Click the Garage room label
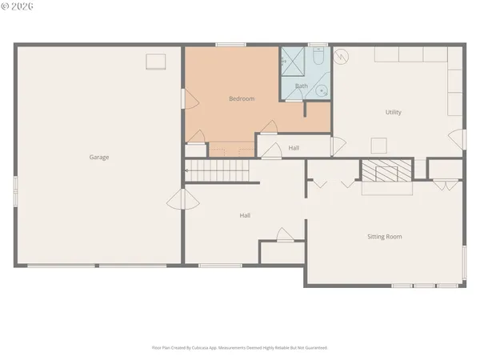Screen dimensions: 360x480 pos(99,158)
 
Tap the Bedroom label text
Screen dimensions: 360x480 pos(242,99)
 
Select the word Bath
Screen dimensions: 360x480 pos(302,86)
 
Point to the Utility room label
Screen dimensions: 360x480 pos(393,112)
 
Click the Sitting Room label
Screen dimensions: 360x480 pos(384,237)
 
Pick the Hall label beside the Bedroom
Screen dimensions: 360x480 pos(294,148)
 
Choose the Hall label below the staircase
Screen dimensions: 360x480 pos(245,215)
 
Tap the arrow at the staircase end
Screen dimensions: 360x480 pos(188,170)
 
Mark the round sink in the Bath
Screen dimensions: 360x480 pos(322,91)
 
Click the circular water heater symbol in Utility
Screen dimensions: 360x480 pos(342,58)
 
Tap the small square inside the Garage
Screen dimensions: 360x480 pos(155,62)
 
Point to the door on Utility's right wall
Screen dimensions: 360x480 pos(457,138)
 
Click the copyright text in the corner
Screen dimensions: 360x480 pos(15,6)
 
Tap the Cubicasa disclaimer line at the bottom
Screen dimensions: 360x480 pos(240,348)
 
